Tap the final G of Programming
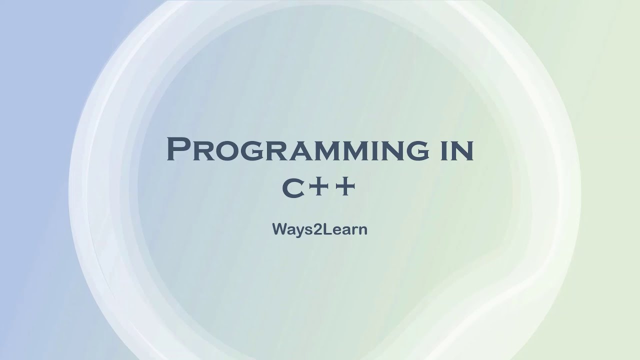416,151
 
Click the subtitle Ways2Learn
319,229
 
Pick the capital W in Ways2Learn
279,229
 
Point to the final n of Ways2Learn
363,230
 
